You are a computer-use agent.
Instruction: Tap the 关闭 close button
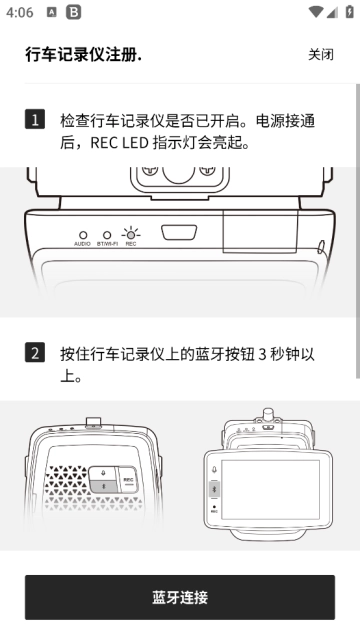tap(321, 54)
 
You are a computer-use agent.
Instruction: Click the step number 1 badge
tap(35, 119)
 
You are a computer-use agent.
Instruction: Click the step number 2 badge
tap(35, 353)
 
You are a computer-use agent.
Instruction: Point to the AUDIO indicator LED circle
tap(83, 235)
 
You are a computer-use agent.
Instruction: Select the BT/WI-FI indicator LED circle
tap(107, 235)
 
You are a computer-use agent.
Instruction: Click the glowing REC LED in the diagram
tap(130, 235)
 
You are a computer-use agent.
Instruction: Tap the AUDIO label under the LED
tap(82, 244)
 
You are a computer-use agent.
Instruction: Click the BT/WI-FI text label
tap(107, 244)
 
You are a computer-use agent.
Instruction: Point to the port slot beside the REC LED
tap(179, 232)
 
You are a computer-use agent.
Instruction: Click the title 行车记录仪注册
tap(83, 55)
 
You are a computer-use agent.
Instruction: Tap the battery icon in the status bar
tap(349, 11)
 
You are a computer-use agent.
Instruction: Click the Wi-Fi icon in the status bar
tap(316, 12)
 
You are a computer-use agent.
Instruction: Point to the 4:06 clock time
tap(20, 12)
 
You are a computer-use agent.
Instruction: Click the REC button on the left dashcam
tap(128, 480)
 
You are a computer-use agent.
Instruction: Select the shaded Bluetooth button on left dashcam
tap(104, 486)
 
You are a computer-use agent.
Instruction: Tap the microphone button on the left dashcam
tap(103, 473)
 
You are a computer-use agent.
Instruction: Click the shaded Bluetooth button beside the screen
tap(214, 489)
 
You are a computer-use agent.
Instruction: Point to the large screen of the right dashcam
tap(270, 489)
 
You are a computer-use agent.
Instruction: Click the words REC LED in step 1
tap(120, 143)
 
